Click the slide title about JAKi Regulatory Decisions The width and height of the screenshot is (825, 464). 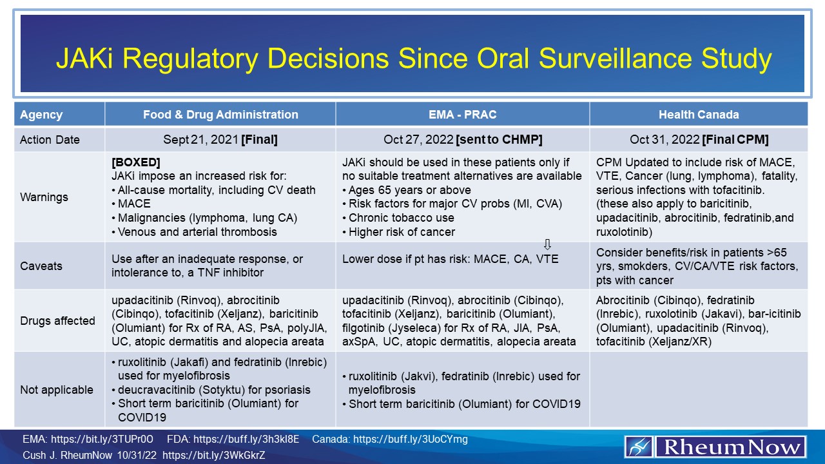click(x=412, y=59)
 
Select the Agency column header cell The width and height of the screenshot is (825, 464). click(x=41, y=115)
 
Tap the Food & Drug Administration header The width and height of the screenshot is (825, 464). click(x=220, y=115)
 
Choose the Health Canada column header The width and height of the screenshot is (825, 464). click(x=699, y=115)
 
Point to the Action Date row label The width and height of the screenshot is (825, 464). click(x=50, y=140)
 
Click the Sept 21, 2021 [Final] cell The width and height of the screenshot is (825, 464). click(x=220, y=140)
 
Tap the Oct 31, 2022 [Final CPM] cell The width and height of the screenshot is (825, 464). click(x=699, y=140)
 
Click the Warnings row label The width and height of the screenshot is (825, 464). click(x=43, y=197)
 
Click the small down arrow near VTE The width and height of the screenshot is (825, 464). click(x=547, y=244)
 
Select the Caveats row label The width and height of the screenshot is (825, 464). click(x=41, y=266)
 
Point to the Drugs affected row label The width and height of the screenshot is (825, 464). click(x=57, y=321)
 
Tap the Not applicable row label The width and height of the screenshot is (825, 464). click(x=56, y=390)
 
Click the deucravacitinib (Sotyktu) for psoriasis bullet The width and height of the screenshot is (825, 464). click(x=214, y=390)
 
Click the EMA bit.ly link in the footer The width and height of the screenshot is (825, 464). click(x=89, y=440)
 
